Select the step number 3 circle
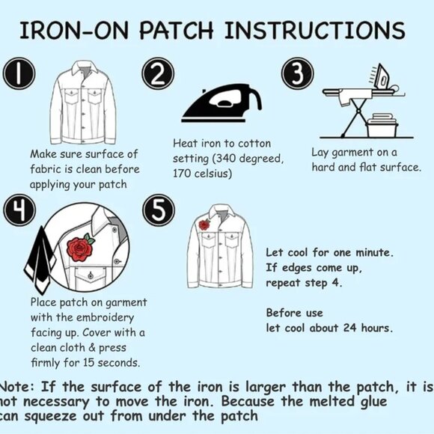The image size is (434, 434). (297, 76)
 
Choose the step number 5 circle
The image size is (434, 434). (159, 212)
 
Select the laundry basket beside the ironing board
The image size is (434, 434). (387, 124)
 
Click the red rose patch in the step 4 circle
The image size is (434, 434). (80, 247)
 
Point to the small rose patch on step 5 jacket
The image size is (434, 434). (204, 224)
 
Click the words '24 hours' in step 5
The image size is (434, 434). (367, 328)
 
